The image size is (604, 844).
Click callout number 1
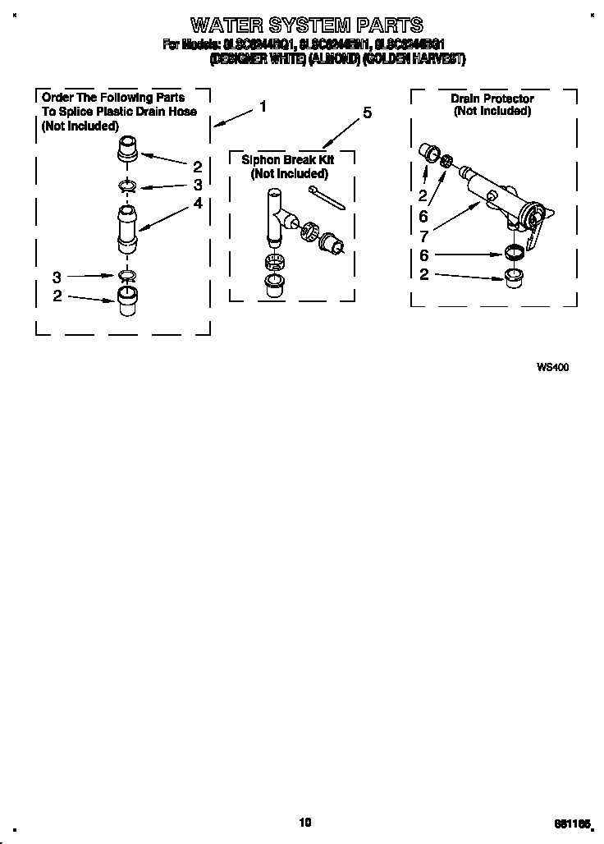click(x=262, y=106)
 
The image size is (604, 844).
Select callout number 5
click(x=366, y=112)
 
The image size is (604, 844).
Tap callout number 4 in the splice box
click(x=198, y=203)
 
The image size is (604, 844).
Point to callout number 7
click(x=423, y=232)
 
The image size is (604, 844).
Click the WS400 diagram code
click(x=552, y=367)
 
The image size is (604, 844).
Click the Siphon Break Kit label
click(x=288, y=161)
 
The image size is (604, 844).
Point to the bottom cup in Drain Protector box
click(x=514, y=274)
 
